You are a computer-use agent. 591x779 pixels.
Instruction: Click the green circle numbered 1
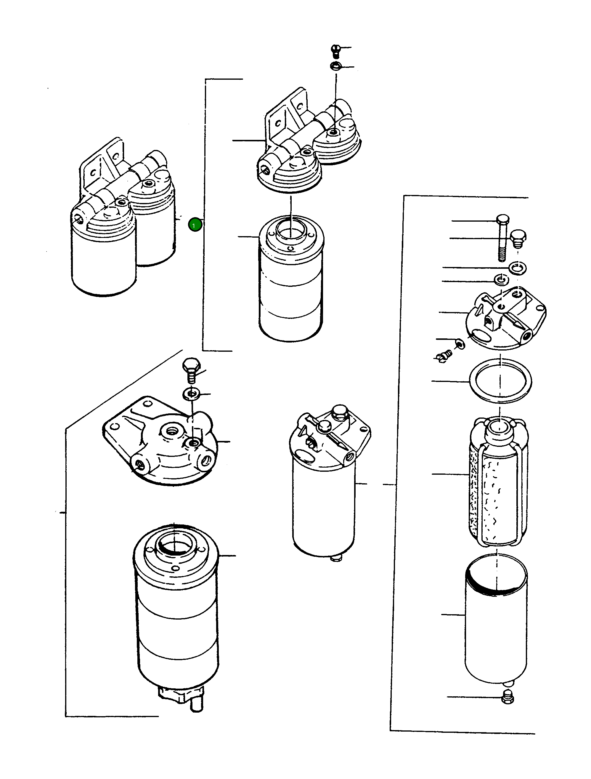pyautogui.click(x=195, y=225)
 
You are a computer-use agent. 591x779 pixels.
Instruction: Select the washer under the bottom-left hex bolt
pyautogui.click(x=192, y=394)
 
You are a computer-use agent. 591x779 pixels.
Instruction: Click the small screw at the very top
pyautogui.click(x=336, y=50)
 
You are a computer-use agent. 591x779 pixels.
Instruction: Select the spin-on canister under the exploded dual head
pyautogui.click(x=291, y=282)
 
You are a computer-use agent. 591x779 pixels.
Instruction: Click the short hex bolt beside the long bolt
pyautogui.click(x=518, y=237)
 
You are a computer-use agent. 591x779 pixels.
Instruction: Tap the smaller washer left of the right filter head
pyautogui.click(x=500, y=280)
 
